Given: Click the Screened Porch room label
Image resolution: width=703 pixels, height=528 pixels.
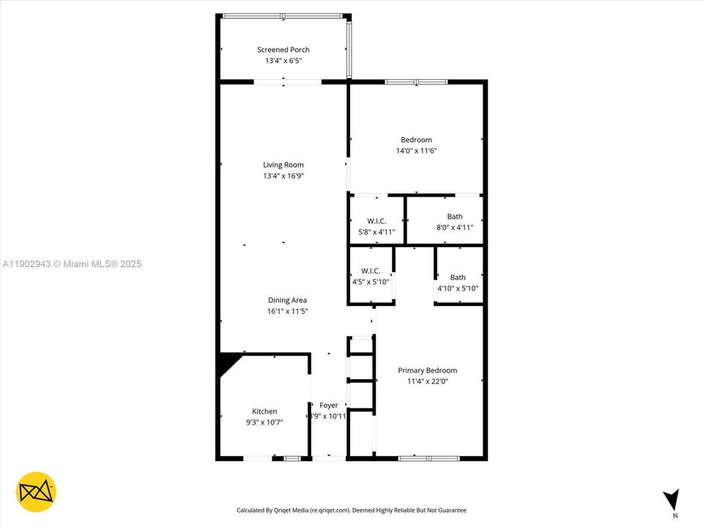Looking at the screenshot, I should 283,50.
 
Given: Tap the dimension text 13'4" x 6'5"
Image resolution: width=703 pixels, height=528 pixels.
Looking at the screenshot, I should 283,61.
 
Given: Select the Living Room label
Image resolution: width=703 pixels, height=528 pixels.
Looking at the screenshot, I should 283,165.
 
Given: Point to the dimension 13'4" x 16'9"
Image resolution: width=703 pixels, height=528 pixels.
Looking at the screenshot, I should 283,176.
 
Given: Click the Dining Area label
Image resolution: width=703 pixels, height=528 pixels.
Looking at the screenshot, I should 287,300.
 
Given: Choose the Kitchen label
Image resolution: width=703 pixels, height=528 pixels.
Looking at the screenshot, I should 264,411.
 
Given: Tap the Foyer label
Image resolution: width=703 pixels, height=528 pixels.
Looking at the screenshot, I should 329,406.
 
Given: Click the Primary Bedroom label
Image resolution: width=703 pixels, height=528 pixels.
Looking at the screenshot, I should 427,370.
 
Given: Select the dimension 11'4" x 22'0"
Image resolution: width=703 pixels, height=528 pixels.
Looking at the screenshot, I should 427,381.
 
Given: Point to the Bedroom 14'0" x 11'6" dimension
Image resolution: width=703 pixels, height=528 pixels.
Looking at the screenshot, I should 416,150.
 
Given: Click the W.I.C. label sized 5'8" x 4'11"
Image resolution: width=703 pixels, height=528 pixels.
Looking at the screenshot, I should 376,221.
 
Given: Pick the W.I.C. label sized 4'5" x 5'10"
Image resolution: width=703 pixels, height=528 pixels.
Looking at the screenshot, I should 371,271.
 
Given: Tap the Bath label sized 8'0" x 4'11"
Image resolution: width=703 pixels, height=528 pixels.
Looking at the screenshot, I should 455,216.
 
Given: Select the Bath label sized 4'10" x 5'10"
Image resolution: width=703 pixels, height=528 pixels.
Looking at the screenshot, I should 458,277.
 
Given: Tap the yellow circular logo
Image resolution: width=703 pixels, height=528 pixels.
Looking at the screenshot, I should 36,491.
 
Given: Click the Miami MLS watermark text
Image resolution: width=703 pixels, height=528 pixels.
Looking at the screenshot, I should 72,264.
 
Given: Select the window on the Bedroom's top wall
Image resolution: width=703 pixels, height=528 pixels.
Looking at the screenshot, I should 416,82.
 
